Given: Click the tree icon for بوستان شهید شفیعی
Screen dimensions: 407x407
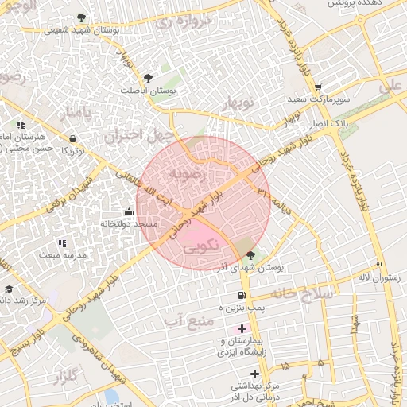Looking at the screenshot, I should click(x=82, y=17).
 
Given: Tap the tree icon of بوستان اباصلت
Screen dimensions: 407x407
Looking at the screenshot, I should click(x=148, y=77).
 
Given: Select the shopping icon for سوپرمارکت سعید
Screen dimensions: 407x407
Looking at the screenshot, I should click(x=318, y=88).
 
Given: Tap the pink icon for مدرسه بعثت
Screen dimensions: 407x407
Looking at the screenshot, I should click(x=62, y=242).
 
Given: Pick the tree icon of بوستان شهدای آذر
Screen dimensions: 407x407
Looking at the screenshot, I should click(x=251, y=255).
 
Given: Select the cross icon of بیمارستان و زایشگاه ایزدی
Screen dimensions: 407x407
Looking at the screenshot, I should click(x=242, y=328).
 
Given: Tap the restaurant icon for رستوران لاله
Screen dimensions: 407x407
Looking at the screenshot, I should click(x=380, y=266).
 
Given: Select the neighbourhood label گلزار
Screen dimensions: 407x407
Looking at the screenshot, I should click(x=72, y=374).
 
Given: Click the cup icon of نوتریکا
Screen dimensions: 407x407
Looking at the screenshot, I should click(x=73, y=138).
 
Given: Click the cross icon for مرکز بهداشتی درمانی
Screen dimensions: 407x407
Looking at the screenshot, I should click(x=254, y=373).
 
